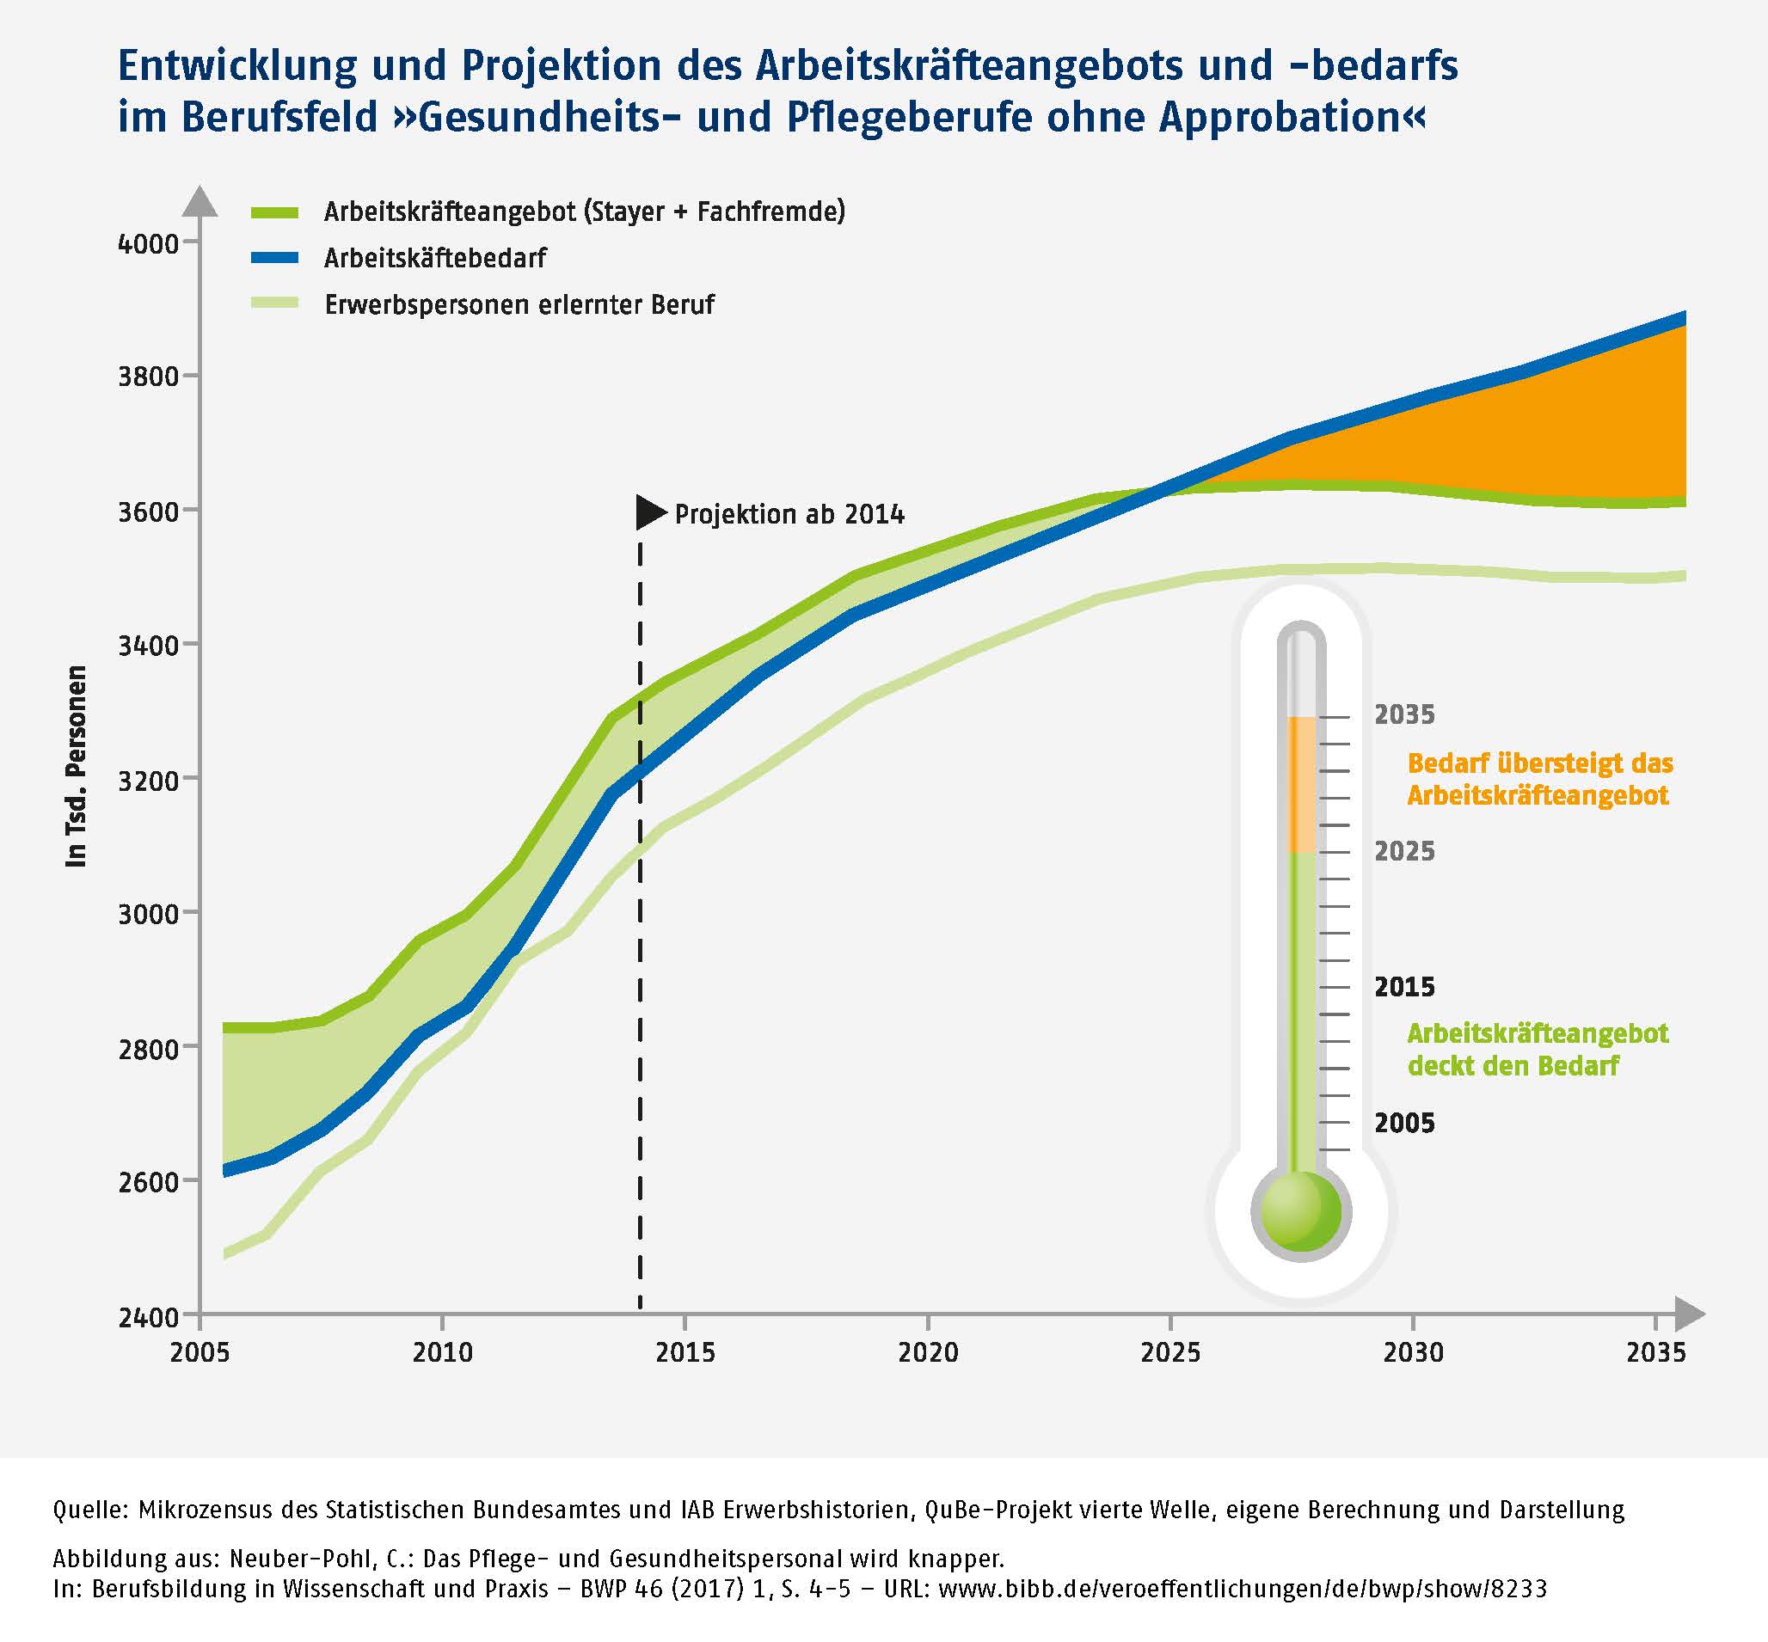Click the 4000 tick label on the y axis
(x=148, y=242)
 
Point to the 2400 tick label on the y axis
(x=148, y=1317)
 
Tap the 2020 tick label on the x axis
(x=928, y=1352)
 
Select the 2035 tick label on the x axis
(x=1655, y=1352)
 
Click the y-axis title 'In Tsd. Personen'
(x=77, y=766)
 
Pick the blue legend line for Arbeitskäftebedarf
(x=274, y=259)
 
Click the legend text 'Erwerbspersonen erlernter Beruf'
(x=519, y=305)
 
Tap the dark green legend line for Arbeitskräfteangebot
(x=274, y=212)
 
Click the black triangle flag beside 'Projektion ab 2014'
(x=650, y=512)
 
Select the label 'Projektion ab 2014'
(x=789, y=514)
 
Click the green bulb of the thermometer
(x=1301, y=1211)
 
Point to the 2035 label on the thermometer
(x=1404, y=714)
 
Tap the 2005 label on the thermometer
(x=1404, y=1123)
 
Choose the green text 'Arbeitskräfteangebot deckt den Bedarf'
(x=1538, y=1050)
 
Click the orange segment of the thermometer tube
(x=1302, y=785)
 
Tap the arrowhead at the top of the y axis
(x=200, y=201)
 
